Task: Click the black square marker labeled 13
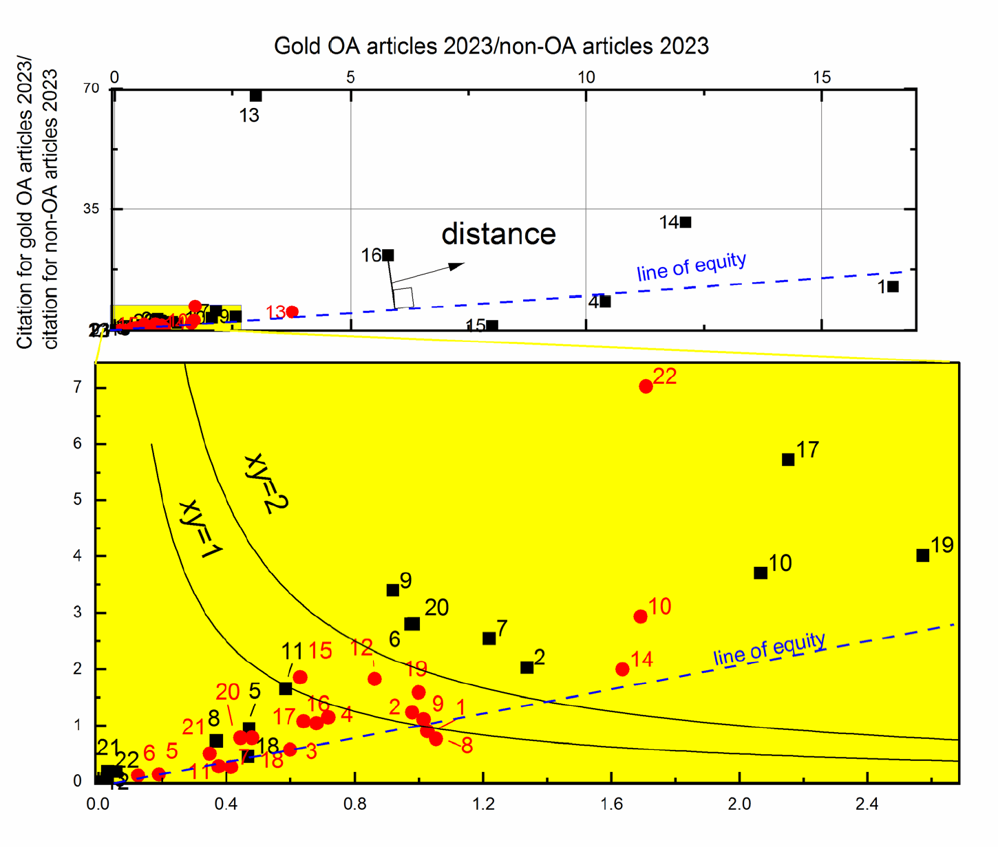tap(255, 96)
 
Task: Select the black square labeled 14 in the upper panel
tap(686, 222)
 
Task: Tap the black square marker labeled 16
tap(388, 255)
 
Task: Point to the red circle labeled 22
tap(646, 387)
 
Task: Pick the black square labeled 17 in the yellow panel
tap(789, 460)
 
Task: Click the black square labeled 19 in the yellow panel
tap(923, 555)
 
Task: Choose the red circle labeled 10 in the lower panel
tap(641, 617)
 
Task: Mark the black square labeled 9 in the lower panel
tap(393, 590)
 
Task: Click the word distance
tap(498, 234)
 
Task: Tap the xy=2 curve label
tap(266, 483)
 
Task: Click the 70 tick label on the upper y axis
tap(92, 88)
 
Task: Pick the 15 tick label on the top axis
tap(822, 77)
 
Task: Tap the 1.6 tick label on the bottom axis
tap(611, 804)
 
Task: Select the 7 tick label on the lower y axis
tap(78, 387)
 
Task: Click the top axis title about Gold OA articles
tap(491, 46)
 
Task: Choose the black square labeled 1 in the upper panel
tap(893, 286)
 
